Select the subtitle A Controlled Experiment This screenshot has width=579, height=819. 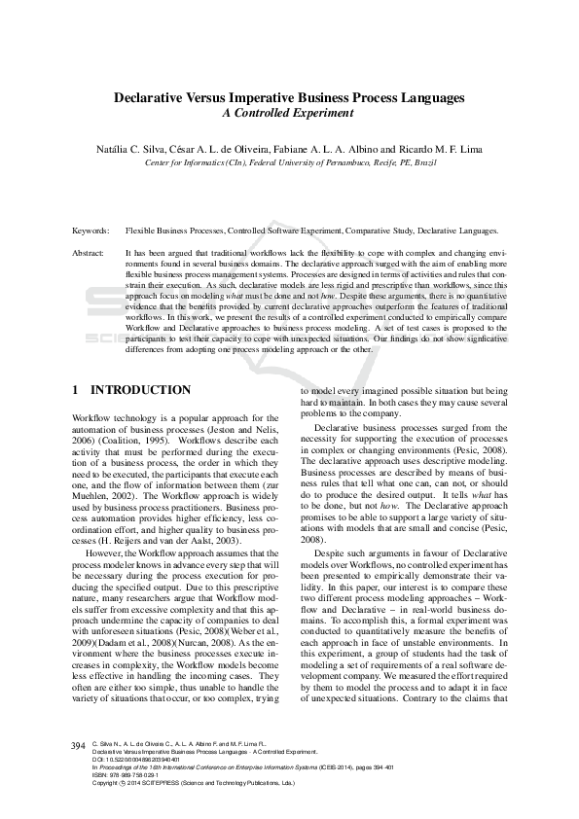pyautogui.click(x=289, y=113)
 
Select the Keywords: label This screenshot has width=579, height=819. pyautogui.click(x=90, y=231)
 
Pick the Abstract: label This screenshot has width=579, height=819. pyautogui.click(x=89, y=252)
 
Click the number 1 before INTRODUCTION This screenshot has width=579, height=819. pyautogui.click(x=76, y=390)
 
